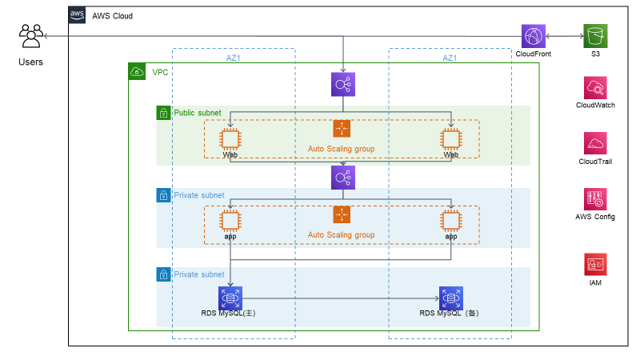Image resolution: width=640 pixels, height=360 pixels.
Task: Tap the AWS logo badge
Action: [78, 15]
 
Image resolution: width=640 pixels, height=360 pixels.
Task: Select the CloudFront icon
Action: [533, 36]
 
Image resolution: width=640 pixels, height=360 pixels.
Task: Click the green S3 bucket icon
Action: [595, 36]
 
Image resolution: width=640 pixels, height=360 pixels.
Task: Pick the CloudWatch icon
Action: [596, 87]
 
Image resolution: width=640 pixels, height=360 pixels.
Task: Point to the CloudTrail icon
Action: [596, 143]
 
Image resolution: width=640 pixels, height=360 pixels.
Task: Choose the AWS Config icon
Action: [596, 199]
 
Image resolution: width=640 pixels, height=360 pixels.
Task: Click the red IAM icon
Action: [596, 263]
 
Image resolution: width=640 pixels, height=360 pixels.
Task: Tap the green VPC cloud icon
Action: [137, 72]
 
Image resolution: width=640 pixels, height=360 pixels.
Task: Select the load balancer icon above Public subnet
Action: [343, 84]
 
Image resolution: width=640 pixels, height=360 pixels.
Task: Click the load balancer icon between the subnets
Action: [343, 177]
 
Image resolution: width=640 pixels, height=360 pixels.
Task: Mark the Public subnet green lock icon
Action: [163, 113]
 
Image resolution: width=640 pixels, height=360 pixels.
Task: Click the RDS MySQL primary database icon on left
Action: [230, 298]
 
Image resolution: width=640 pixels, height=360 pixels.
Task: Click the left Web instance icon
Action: [230, 139]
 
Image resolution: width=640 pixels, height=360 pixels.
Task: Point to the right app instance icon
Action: [451, 221]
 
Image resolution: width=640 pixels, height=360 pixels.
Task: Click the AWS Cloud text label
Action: [113, 16]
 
